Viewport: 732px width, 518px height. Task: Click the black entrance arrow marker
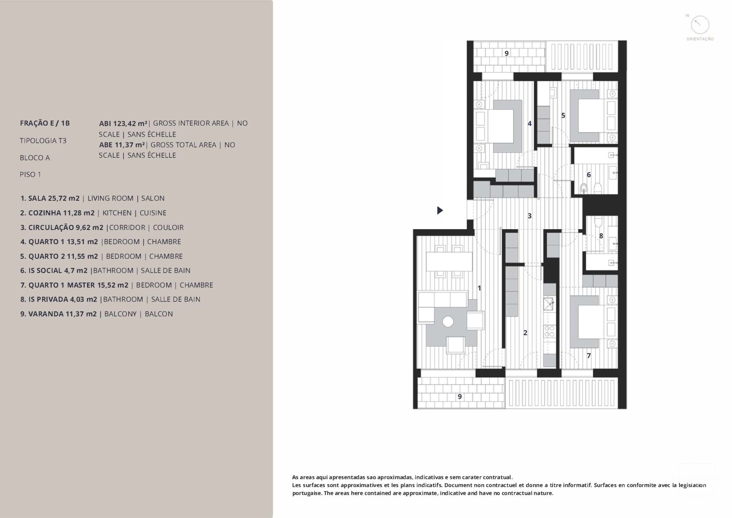click(440, 210)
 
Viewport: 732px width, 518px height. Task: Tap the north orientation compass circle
click(700, 25)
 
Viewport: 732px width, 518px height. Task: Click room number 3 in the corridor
click(529, 216)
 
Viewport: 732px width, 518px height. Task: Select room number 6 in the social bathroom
click(589, 174)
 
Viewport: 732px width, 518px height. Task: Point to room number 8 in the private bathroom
click(601, 236)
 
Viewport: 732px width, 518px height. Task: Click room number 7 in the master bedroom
click(589, 356)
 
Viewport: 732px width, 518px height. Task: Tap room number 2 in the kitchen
click(525, 333)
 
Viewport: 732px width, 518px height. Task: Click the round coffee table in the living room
click(448, 321)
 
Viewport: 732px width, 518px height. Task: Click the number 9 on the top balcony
click(506, 53)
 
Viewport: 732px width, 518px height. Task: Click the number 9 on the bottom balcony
click(460, 397)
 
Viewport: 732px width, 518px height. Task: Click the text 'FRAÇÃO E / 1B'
click(45, 123)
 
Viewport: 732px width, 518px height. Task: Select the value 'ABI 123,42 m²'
click(123, 123)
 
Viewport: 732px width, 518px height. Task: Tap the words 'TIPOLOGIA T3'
click(43, 141)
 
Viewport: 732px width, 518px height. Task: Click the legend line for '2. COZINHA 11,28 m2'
click(57, 213)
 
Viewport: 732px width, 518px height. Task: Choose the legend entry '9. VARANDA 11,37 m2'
click(58, 314)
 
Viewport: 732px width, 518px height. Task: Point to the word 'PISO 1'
click(30, 174)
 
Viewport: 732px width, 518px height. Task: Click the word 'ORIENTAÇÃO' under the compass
click(700, 39)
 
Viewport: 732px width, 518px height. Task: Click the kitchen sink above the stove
click(549, 304)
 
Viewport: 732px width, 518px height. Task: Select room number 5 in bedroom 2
click(563, 116)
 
